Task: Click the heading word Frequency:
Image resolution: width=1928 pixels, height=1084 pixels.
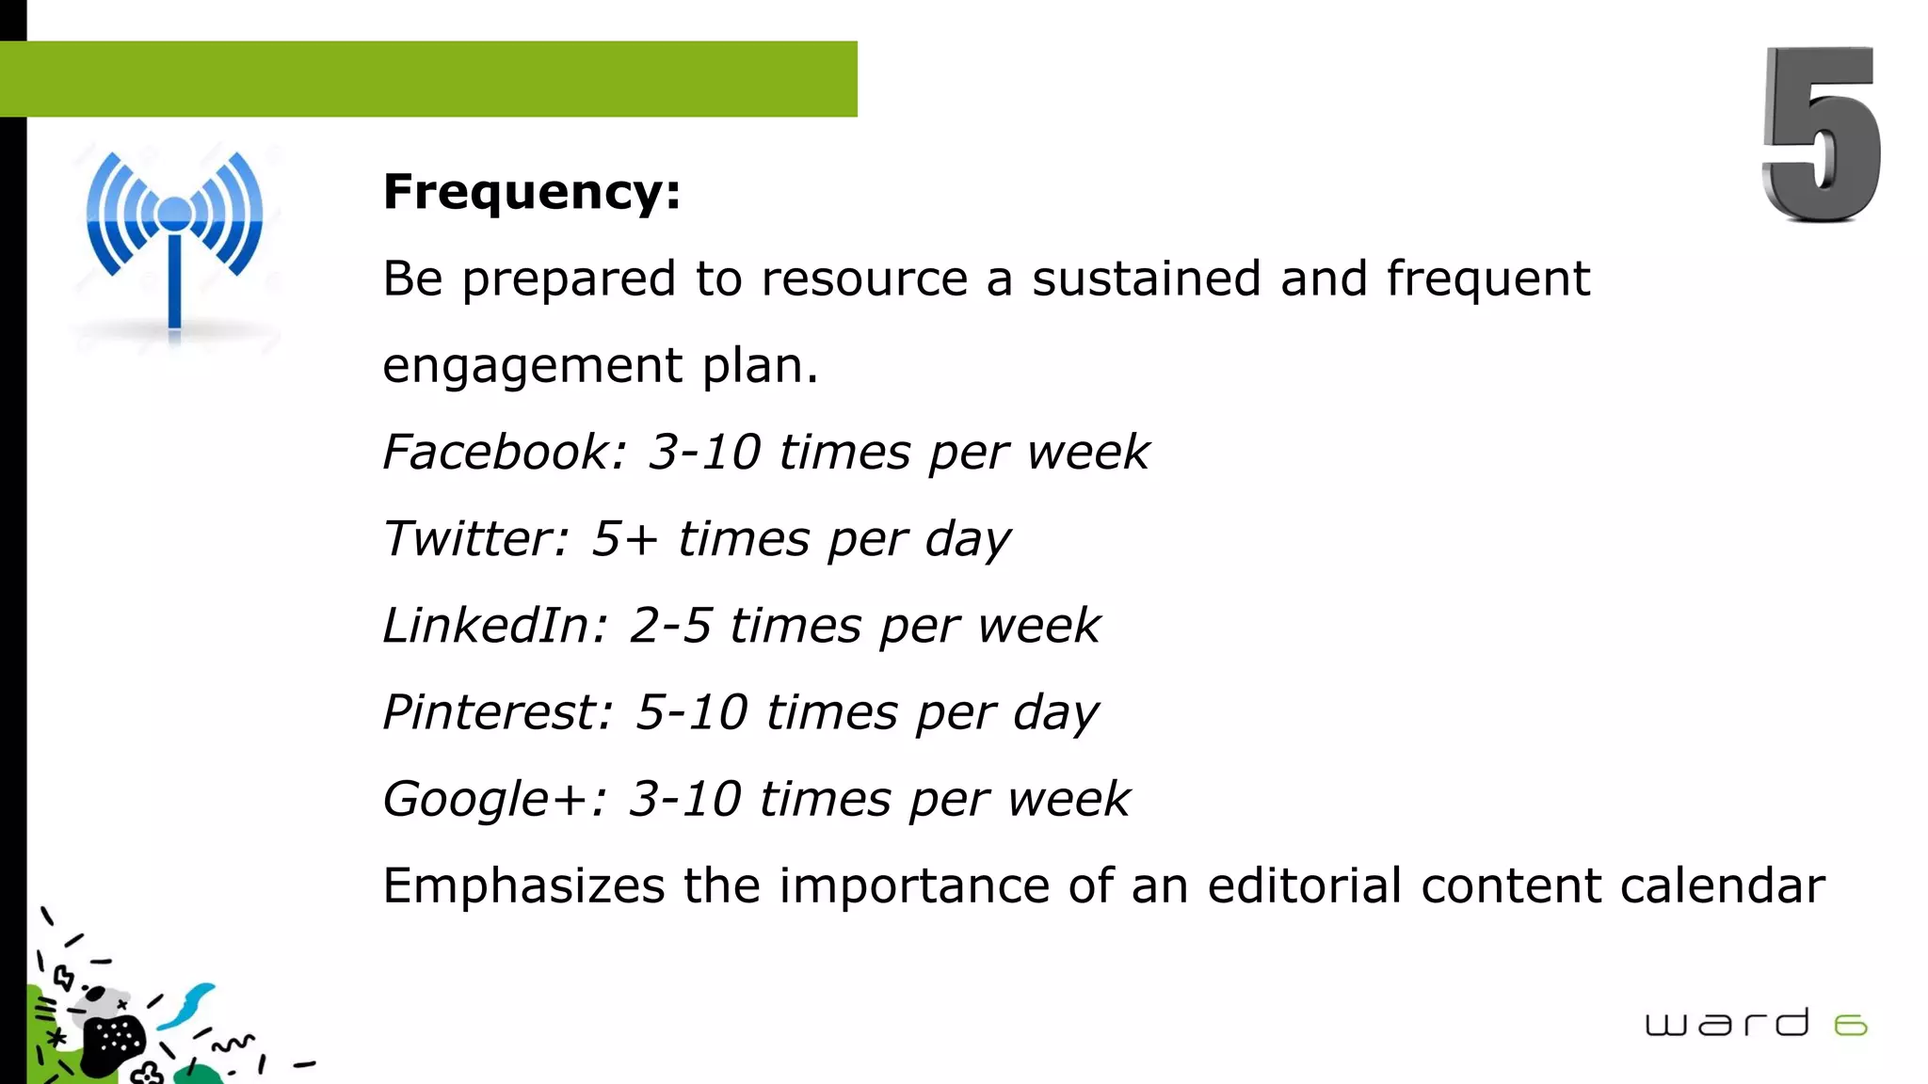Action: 532,192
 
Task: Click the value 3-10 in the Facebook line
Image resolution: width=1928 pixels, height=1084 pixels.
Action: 703,452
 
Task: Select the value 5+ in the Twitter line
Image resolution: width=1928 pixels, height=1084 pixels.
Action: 623,539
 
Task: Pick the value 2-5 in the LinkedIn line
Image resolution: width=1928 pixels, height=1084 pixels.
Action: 670,626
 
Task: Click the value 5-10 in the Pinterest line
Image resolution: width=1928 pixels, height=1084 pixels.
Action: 691,712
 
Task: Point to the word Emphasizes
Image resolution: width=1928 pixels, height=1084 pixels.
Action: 524,886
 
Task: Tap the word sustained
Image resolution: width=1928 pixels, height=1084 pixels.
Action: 1146,279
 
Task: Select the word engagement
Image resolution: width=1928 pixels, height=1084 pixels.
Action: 532,366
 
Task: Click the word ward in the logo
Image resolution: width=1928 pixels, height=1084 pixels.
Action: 1727,1023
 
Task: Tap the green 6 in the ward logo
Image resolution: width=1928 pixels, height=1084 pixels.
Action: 1851,1025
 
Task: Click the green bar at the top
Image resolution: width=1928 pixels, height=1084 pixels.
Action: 428,79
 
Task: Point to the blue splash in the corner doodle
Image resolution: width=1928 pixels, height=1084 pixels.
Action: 188,1005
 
